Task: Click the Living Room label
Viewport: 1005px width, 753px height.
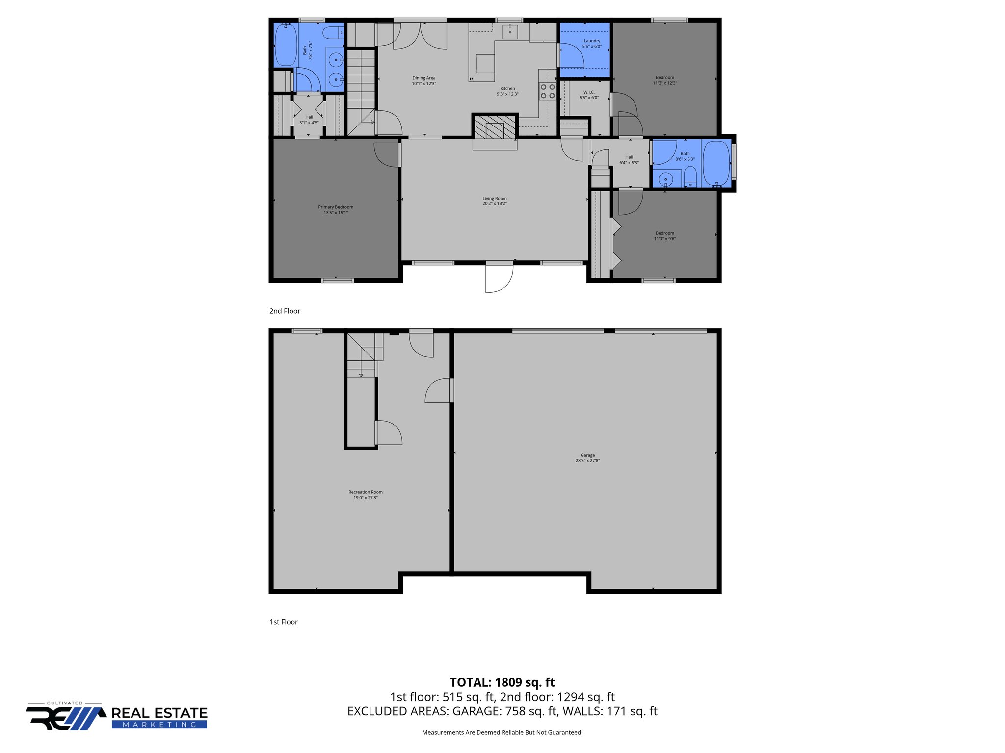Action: coord(494,199)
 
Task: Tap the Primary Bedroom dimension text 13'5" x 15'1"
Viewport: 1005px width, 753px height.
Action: coord(336,213)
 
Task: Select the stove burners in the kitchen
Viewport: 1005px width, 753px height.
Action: coord(548,91)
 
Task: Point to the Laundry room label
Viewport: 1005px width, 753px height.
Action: coord(592,41)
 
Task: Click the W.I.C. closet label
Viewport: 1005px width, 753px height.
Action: coord(589,92)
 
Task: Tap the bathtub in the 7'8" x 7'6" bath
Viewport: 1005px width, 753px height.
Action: coord(285,45)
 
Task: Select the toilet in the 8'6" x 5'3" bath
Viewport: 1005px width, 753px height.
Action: coord(690,176)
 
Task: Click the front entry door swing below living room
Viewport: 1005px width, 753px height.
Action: coord(499,278)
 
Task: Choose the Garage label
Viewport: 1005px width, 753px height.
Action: coord(587,455)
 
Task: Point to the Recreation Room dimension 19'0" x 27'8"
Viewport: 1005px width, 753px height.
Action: coord(366,498)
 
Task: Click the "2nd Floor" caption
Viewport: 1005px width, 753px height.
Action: coord(285,311)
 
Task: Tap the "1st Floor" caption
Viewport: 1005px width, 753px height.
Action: coord(284,622)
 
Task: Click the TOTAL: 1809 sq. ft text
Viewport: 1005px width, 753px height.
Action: coord(502,682)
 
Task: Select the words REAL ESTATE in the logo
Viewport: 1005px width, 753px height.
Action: coord(159,713)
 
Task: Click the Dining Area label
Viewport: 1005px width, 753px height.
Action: coord(423,78)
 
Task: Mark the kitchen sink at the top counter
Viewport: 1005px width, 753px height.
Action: coord(510,31)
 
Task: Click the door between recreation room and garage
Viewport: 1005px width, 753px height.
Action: coord(438,391)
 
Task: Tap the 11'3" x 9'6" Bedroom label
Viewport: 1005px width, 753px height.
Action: coord(664,233)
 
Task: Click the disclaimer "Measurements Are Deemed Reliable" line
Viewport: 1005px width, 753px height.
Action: coord(502,732)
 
